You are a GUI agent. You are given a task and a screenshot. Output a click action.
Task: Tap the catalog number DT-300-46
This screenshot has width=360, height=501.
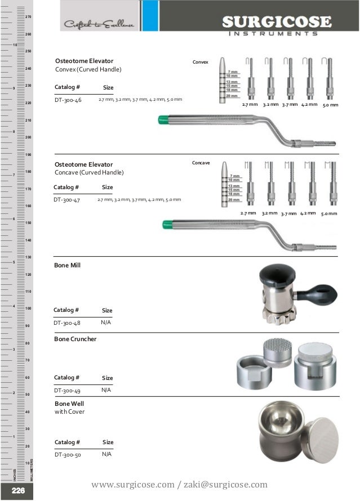coord(68,100)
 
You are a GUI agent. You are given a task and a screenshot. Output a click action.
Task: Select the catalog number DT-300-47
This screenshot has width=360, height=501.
coord(68,199)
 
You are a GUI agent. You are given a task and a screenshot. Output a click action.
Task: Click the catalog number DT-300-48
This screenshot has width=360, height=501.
coord(68,323)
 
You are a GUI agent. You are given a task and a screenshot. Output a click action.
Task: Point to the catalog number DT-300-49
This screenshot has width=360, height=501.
coord(68,390)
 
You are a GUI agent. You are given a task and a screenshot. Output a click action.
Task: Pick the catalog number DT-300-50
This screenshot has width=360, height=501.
coord(68,454)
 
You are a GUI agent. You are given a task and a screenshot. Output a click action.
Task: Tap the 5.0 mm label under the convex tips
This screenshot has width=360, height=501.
coord(330,105)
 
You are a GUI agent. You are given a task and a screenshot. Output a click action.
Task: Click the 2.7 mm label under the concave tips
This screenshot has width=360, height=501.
coord(248,214)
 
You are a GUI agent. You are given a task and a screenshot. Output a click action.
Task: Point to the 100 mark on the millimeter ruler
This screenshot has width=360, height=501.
coord(28,309)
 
